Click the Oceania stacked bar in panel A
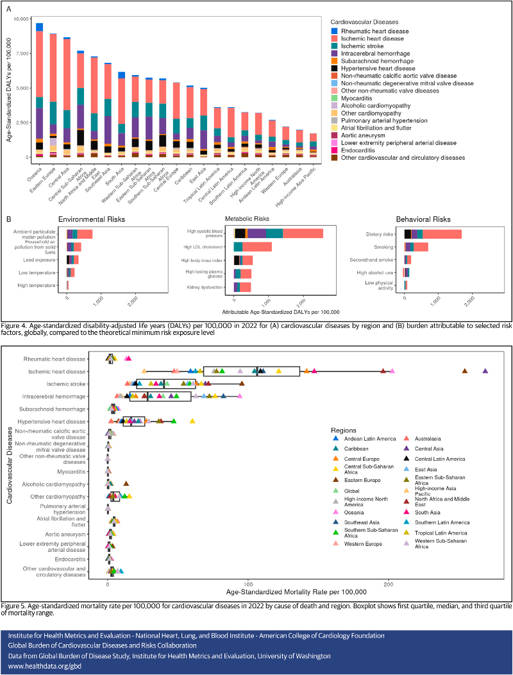click(39, 90)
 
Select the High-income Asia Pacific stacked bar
click(313, 145)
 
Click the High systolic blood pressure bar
click(278, 233)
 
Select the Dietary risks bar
click(433, 234)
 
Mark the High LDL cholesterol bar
click(253, 246)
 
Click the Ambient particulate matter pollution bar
click(80, 234)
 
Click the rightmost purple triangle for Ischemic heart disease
click(485, 371)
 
